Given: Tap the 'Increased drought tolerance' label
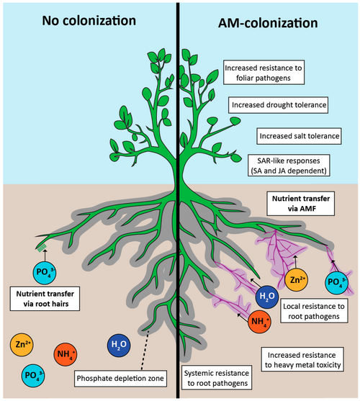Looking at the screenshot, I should point(279,105).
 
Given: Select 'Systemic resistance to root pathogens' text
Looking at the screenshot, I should point(217,378).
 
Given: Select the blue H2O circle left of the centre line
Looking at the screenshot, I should point(120,344).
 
